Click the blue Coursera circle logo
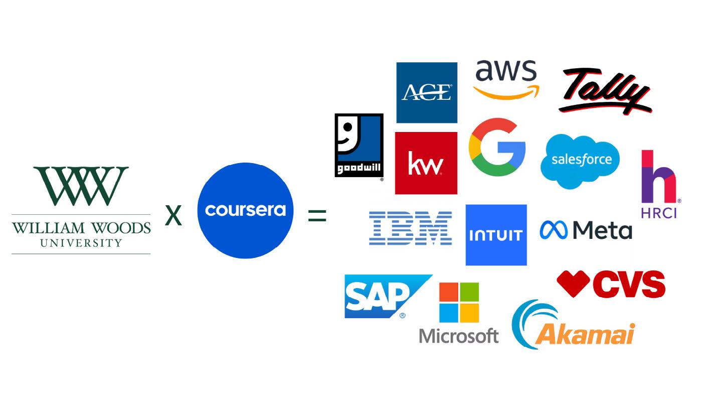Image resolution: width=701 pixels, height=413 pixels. coord(245,210)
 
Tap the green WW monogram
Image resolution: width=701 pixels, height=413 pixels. coord(81,186)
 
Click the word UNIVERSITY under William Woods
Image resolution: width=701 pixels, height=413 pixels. coord(81,243)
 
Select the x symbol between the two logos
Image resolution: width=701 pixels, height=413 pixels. coord(173,216)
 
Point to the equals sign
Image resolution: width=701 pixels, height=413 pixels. coord(317,216)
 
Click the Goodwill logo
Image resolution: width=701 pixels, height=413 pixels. coord(359,145)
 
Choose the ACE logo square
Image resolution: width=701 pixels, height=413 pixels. coord(427,92)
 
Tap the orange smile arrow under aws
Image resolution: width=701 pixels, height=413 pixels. coord(506,92)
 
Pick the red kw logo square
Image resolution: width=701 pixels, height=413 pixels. coord(426,163)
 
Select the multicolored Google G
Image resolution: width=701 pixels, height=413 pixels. coord(497,147)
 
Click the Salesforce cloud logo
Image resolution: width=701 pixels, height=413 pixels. coord(581,161)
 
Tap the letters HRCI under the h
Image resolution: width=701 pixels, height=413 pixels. coord(659,213)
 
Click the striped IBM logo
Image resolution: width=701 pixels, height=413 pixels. coord(411,228)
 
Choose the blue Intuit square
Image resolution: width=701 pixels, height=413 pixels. coord(496,235)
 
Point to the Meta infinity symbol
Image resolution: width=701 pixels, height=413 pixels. coord(553,230)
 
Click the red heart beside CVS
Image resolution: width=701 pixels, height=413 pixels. coord(573,283)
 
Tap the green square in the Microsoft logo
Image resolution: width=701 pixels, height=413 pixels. coord(470,292)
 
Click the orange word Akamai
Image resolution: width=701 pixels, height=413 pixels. coord(587,334)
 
